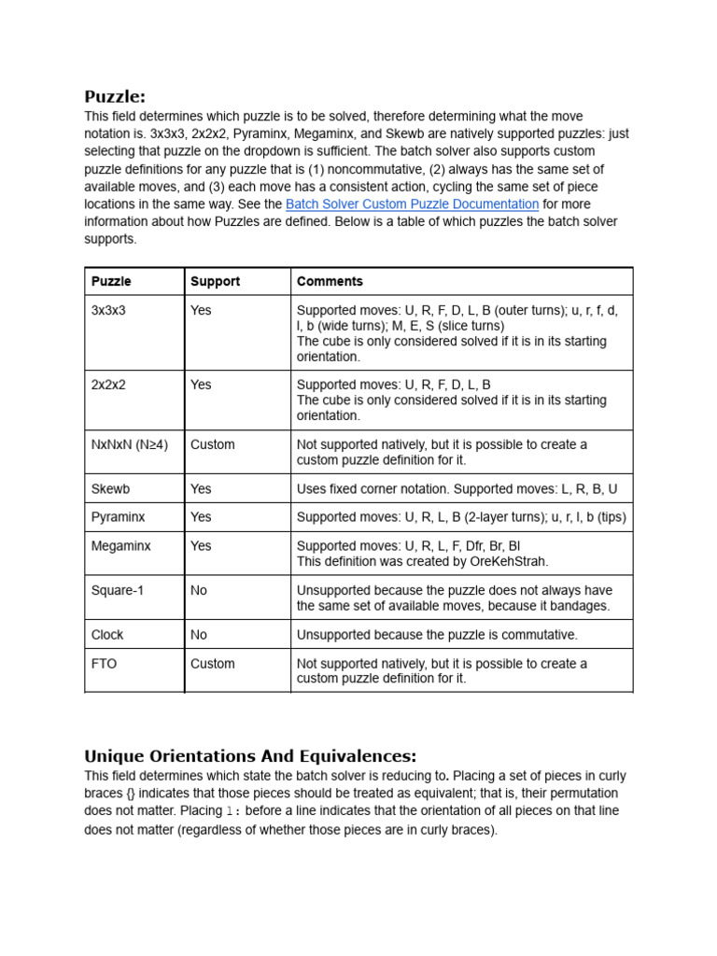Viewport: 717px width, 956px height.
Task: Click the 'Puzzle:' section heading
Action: point(115,97)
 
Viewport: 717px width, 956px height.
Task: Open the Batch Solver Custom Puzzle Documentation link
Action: point(412,204)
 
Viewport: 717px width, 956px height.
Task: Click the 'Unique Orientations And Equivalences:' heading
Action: point(250,755)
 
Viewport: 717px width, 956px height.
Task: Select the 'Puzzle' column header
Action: point(111,281)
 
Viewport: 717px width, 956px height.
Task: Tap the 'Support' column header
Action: point(215,281)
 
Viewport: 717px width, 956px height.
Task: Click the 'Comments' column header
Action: point(330,281)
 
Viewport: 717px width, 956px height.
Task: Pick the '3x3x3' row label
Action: point(108,310)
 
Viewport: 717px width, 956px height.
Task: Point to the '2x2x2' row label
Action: point(108,385)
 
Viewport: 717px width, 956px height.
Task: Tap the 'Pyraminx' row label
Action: point(118,516)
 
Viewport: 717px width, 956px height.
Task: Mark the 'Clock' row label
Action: point(107,635)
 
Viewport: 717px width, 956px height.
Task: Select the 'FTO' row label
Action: point(104,664)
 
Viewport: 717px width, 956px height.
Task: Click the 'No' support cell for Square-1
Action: point(199,590)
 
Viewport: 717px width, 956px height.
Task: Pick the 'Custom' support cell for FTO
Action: point(213,664)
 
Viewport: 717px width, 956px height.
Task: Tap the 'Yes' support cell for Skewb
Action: point(201,488)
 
